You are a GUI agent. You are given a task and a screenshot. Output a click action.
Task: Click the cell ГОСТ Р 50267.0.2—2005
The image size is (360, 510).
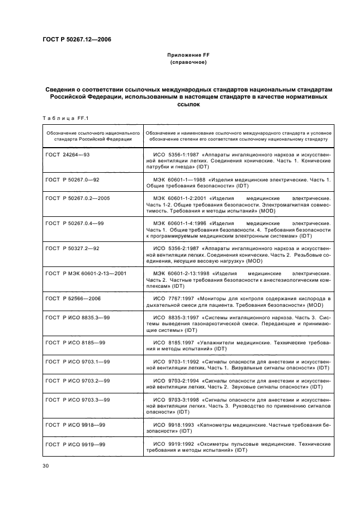80,198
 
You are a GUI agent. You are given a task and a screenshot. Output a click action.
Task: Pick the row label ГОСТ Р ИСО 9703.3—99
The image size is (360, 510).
78,399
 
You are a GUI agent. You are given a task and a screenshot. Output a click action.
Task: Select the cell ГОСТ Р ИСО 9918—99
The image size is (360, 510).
76,425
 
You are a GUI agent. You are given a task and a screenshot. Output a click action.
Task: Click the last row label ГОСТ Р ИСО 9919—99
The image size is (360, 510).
76,444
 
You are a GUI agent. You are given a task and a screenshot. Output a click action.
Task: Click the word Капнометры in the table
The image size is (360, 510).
218,425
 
